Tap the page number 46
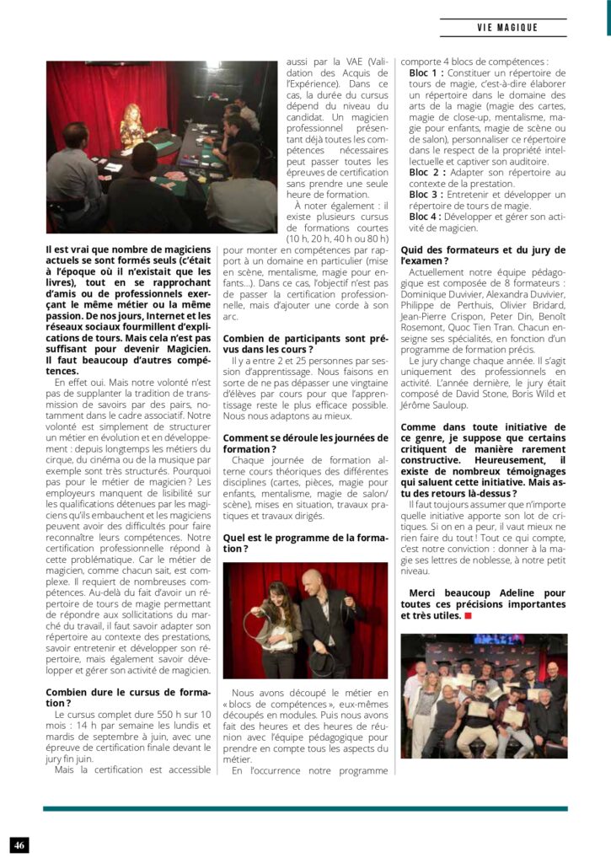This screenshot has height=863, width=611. (19, 844)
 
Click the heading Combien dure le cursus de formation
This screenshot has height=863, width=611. (127, 697)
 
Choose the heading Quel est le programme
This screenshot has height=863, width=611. (305, 543)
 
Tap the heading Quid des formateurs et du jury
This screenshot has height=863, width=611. (483, 255)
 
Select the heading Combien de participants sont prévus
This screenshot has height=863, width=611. (305, 343)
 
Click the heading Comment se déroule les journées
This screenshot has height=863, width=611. (305, 443)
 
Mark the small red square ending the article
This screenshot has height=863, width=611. (468, 616)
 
